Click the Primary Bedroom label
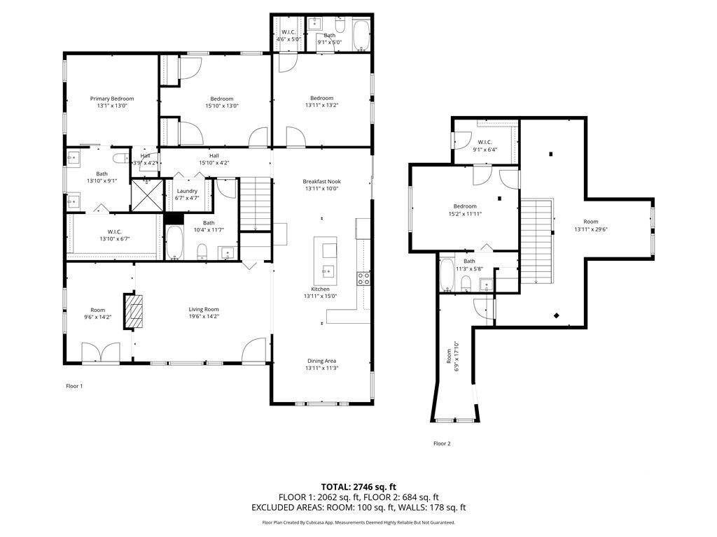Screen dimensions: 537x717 pos(112,99)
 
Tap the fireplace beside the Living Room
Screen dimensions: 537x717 pos(133,311)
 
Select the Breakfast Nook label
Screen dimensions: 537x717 pos(321,181)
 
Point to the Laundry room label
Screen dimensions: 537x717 pos(187,191)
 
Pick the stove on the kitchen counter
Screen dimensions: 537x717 pos(364,278)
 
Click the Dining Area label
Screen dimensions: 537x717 pos(321,361)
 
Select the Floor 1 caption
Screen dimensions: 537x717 pos(74,386)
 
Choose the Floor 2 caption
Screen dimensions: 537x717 pos(442,443)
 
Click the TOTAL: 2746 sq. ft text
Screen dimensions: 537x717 pos(358,486)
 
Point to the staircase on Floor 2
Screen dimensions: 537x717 pos(538,240)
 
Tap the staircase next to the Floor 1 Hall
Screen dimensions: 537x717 pos(255,204)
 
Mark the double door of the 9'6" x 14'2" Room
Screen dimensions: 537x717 pos(100,352)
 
